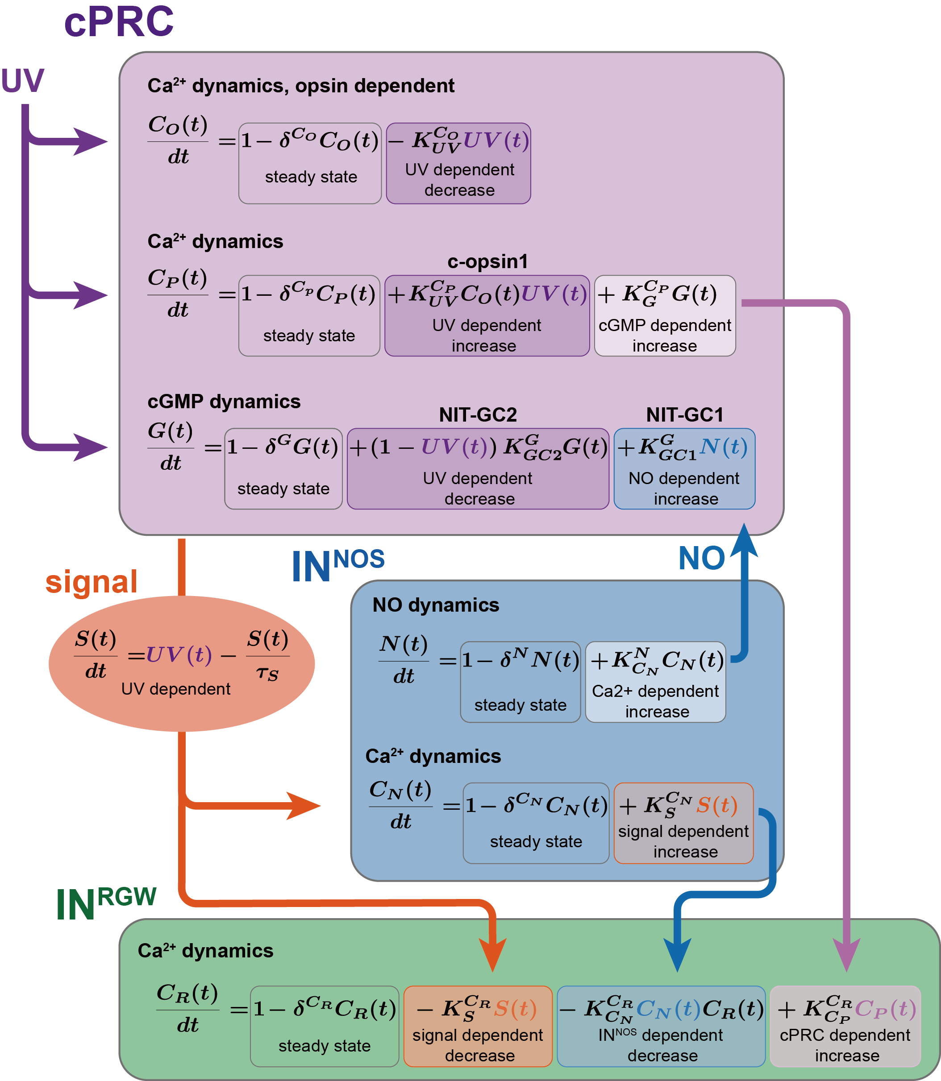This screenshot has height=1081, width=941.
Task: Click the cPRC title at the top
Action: pyautogui.click(x=119, y=22)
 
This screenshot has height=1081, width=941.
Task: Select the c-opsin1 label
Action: pyautogui.click(x=487, y=261)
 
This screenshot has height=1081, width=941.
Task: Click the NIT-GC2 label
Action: pyautogui.click(x=478, y=414)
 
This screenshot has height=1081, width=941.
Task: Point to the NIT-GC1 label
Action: pyautogui.click(x=685, y=414)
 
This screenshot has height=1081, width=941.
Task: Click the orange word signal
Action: pyautogui.click(x=92, y=582)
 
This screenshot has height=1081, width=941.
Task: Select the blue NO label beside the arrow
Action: pyautogui.click(x=702, y=558)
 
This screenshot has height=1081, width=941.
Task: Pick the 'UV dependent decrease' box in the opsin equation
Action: pyautogui.click(x=458, y=164)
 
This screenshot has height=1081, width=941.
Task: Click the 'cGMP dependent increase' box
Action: pyautogui.click(x=665, y=316)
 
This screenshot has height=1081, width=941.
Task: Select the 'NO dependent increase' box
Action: pyautogui.click(x=684, y=468)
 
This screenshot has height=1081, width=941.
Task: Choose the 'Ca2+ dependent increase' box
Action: pyautogui.click(x=655, y=682)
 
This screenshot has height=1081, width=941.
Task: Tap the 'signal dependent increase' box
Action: pyautogui.click(x=683, y=823)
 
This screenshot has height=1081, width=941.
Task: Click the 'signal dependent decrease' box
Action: pyautogui.click(x=478, y=1026)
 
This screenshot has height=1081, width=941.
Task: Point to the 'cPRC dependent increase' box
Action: pyautogui.click(x=845, y=1026)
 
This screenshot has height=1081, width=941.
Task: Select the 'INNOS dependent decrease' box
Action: pyautogui.click(x=661, y=1026)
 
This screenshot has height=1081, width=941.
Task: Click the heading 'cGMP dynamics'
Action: pyautogui.click(x=224, y=402)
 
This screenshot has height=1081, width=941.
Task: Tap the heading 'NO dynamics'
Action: pyautogui.click(x=435, y=605)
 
